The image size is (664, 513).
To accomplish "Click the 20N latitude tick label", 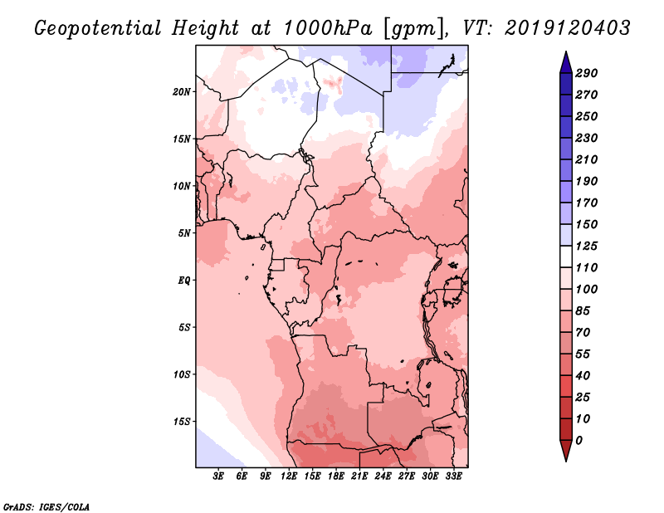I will point(183,91).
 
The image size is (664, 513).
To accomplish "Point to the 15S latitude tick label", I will point(183,422).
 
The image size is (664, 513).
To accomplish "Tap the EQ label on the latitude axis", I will point(184,280).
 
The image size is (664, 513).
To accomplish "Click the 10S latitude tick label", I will point(183,374).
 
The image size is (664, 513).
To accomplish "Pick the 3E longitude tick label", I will point(219,476).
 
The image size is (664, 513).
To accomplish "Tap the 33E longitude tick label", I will point(454,476).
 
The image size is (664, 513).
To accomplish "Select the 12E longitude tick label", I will point(290,476).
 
